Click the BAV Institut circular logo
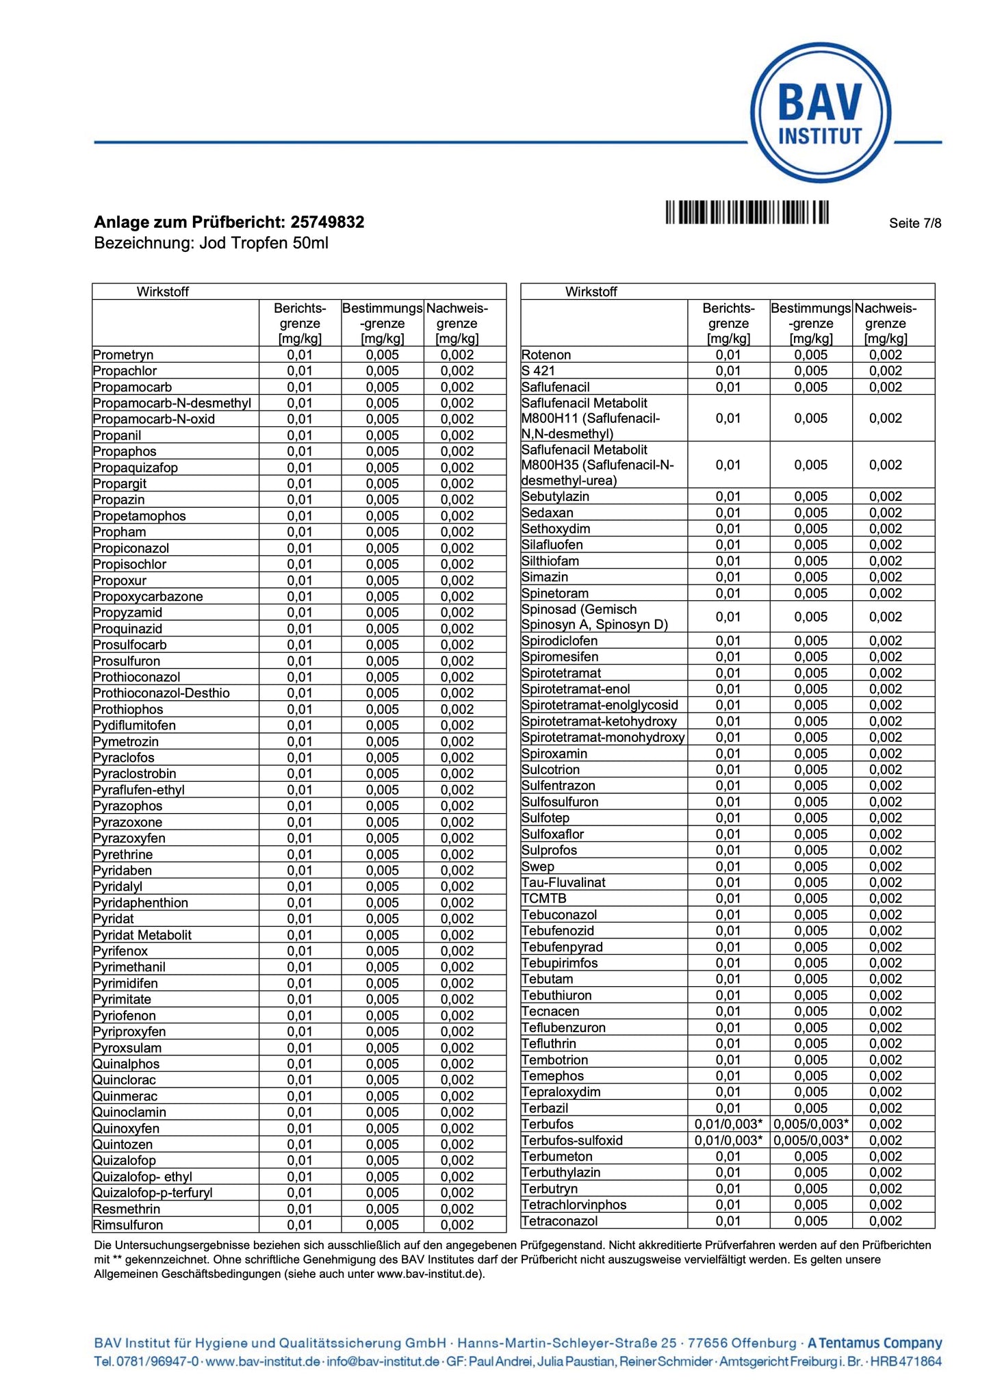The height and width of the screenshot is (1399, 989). pyautogui.click(x=820, y=113)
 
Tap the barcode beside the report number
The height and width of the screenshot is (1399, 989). pyautogui.click(x=747, y=212)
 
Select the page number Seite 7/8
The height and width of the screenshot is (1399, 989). pyautogui.click(x=914, y=223)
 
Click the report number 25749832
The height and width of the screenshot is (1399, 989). pyautogui.click(x=327, y=222)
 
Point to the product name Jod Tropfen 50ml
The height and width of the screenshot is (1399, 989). pyautogui.click(x=264, y=243)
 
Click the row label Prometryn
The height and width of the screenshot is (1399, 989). pyautogui.click(x=123, y=355)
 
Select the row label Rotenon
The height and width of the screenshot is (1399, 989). pyautogui.click(x=545, y=355)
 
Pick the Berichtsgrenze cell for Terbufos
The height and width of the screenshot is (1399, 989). pyautogui.click(x=728, y=1124)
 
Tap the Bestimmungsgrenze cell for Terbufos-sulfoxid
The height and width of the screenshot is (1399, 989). pyautogui.click(x=811, y=1140)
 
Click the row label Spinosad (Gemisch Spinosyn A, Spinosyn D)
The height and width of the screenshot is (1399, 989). pyautogui.click(x=594, y=617)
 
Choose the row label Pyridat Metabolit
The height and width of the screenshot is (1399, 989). pyautogui.click(x=142, y=935)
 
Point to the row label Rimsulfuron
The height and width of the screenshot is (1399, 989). pyautogui.click(x=128, y=1225)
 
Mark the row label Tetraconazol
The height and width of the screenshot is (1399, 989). pyautogui.click(x=559, y=1221)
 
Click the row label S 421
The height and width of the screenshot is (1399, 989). pyautogui.click(x=538, y=371)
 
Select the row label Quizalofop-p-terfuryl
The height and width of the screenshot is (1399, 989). pyautogui.click(x=153, y=1193)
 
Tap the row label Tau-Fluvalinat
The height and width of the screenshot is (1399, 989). pyautogui.click(x=563, y=882)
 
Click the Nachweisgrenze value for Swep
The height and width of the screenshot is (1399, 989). pyautogui.click(x=886, y=867)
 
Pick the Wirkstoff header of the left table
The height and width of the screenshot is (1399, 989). pyautogui.click(x=162, y=292)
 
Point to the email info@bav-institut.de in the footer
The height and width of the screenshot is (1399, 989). pyautogui.click(x=383, y=1361)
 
